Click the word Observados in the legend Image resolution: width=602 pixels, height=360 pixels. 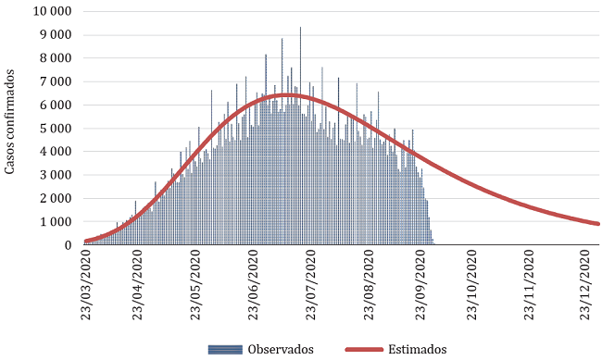(x=281, y=350)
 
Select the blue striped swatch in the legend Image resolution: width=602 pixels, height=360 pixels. (x=226, y=350)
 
